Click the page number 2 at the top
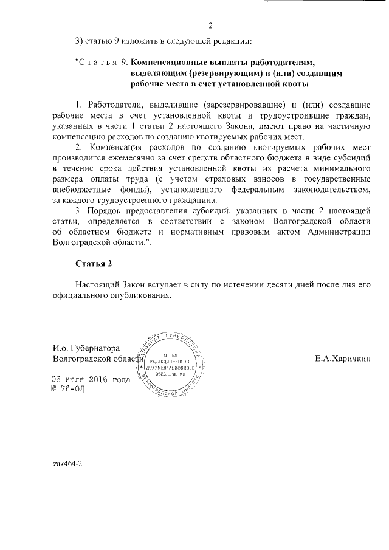(210, 26)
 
